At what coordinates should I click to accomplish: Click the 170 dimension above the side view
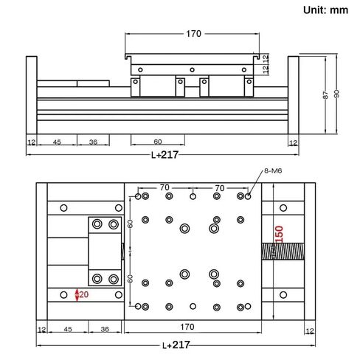[193, 33]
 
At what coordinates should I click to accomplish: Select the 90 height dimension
[337, 94]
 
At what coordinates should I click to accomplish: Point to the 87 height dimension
[325, 96]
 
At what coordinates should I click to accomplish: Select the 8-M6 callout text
[274, 172]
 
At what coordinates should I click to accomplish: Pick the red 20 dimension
[83, 295]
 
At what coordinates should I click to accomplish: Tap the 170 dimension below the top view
[193, 328]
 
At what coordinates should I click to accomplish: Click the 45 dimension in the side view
[57, 142]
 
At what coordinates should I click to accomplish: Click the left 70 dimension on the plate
[165, 189]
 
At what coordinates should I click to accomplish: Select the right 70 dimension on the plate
[218, 189]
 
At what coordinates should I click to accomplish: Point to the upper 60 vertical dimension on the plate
[130, 224]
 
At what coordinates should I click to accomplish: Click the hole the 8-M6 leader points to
[248, 197]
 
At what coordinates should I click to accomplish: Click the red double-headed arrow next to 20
[77, 295]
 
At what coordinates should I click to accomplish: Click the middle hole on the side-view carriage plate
[192, 70]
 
